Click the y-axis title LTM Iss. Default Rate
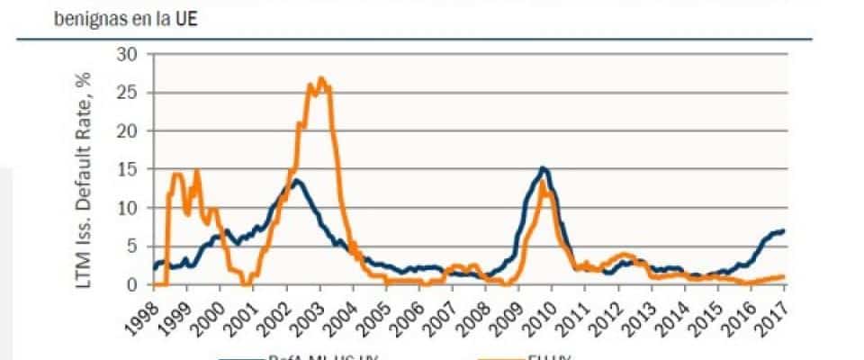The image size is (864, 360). coord(91,169)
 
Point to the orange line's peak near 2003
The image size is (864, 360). coord(321,78)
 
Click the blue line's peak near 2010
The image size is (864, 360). coord(543,167)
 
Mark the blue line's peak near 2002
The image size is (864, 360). coord(295,181)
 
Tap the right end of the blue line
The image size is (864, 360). coord(784,230)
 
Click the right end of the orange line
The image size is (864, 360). coord(784,276)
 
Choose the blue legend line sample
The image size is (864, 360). coord(241,356)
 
